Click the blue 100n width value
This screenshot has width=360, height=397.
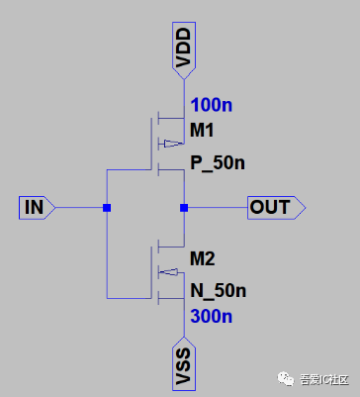[211, 105]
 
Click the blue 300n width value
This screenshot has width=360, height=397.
[212, 316]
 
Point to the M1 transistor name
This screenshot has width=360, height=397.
[202, 131]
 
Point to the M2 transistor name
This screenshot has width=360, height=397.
[202, 259]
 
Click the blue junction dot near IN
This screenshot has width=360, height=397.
[106, 208]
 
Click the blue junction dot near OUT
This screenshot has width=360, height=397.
[184, 208]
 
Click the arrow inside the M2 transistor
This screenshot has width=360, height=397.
[170, 271]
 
